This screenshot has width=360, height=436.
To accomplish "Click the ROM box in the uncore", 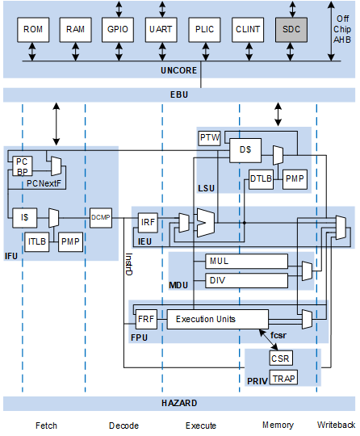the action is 33,30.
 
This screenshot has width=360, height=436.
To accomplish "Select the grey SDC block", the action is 291,30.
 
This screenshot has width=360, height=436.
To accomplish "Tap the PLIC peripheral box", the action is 204,30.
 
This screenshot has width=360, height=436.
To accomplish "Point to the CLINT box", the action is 248,30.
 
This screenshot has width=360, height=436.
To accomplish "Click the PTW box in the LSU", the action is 209,138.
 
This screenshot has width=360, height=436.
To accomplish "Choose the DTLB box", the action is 261,179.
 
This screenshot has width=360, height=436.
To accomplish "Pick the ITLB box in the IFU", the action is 37,242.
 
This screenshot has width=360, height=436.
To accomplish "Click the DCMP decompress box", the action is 101,218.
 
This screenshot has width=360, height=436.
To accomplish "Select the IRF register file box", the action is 148,223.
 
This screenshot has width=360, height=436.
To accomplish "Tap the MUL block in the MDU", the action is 246,261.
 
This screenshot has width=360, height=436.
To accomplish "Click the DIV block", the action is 246,280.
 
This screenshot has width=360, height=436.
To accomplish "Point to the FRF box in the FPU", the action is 146,320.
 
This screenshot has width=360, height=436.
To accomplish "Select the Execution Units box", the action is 218,320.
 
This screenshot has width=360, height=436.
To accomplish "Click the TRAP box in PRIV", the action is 283,377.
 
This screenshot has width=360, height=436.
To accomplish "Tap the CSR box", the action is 281,358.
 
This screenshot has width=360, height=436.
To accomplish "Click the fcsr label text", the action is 278,335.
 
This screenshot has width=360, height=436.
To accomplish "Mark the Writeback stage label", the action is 336,425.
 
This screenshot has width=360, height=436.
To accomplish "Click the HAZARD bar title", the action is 179,403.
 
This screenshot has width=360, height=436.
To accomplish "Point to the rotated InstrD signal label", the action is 128,264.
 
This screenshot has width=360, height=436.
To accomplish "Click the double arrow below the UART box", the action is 162,52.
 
